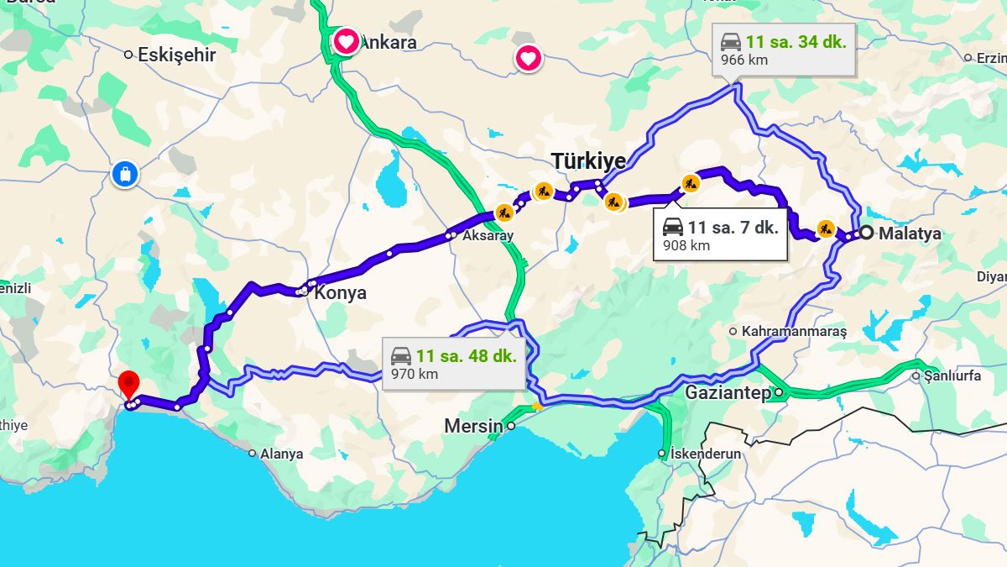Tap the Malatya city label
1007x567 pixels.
(x=910, y=234)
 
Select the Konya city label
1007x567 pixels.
(x=340, y=293)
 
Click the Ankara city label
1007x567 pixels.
(x=388, y=42)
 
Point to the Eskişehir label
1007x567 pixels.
(x=176, y=55)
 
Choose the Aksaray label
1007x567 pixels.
(x=488, y=236)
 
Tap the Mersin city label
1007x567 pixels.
(x=473, y=427)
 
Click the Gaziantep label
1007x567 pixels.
(x=728, y=393)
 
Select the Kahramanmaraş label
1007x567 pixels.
(x=794, y=332)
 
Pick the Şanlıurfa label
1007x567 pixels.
(x=952, y=376)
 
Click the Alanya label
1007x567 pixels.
(x=281, y=454)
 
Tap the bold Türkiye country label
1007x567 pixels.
(x=588, y=161)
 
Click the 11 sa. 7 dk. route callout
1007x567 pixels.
(x=721, y=235)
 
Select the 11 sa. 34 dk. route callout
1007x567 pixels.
(x=784, y=50)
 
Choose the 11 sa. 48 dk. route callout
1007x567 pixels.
(x=454, y=364)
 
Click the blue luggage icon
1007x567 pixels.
(x=124, y=176)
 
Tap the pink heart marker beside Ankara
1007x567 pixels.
(x=346, y=41)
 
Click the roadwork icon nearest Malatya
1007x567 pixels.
(x=826, y=228)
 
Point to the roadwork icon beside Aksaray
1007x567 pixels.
(x=503, y=213)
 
